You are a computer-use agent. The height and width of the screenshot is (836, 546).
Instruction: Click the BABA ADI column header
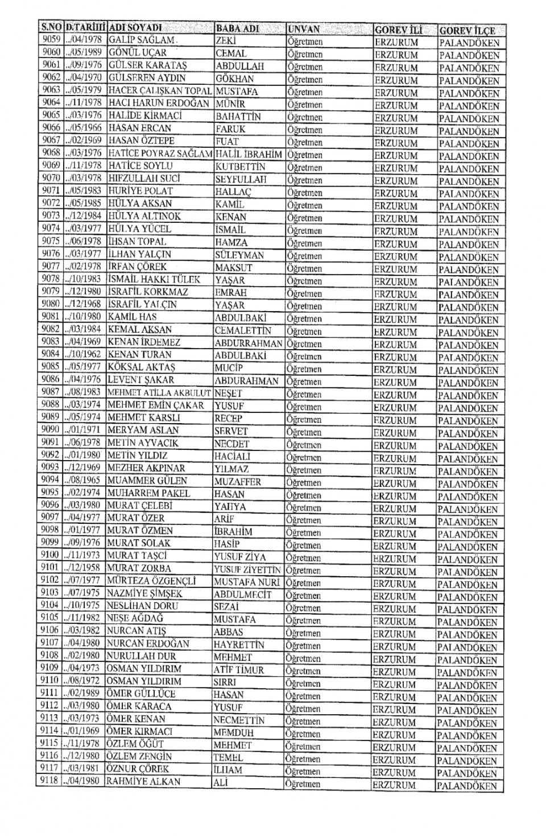[237, 28]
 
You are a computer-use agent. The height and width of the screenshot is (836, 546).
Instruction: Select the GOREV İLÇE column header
[466, 30]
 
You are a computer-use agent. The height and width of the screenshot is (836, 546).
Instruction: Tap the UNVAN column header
[304, 29]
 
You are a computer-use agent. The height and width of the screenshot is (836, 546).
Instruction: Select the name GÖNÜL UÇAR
[138, 53]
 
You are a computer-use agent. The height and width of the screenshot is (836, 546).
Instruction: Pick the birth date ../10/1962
[83, 354]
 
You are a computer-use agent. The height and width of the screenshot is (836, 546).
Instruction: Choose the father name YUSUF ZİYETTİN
[247, 569]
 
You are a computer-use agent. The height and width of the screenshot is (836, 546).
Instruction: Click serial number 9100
[50, 555]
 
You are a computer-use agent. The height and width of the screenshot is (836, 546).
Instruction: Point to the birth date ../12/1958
[82, 568]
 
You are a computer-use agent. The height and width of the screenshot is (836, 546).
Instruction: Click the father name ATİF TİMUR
[239, 670]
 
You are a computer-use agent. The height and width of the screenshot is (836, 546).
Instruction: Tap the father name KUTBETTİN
[241, 167]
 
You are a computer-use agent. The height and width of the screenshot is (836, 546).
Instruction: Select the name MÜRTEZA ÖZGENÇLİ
[151, 581]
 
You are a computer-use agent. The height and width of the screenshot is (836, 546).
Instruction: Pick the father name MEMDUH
[233, 732]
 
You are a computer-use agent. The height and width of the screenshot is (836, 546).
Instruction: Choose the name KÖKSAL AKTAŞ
[142, 367]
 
